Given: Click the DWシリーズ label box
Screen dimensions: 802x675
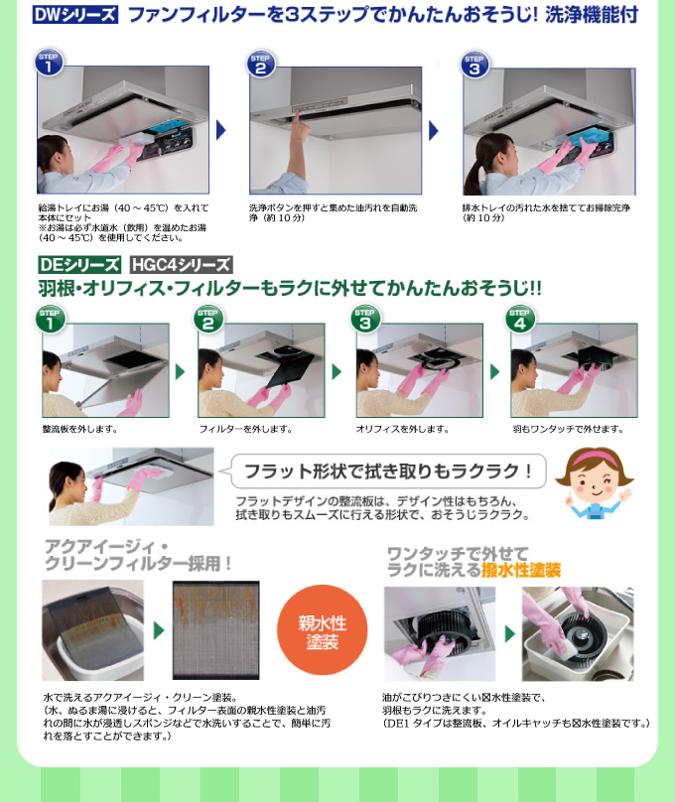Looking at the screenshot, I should (74, 15).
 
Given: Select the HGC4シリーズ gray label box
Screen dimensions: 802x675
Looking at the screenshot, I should (182, 265).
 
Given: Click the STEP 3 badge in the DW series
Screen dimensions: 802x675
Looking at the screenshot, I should (474, 65).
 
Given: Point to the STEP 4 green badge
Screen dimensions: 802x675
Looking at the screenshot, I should (520, 318).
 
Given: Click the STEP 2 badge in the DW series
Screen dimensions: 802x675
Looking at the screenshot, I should (261, 64).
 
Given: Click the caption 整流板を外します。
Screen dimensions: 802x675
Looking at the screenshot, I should (80, 429).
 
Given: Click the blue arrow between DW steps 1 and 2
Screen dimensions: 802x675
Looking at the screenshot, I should (221, 130).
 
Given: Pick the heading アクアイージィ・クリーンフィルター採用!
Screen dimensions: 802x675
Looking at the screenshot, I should (138, 554).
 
